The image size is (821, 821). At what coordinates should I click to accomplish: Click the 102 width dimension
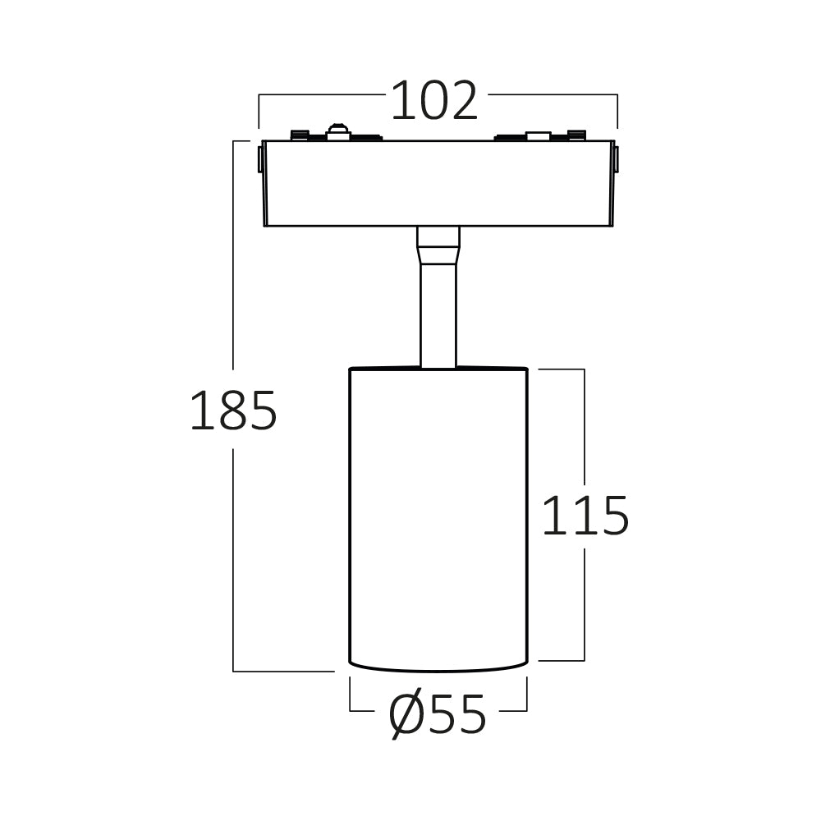point(433,102)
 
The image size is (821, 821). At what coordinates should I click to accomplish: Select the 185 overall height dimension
point(233,411)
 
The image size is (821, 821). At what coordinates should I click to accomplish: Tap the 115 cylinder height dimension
point(585,517)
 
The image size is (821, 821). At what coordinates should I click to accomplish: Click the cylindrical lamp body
point(438,517)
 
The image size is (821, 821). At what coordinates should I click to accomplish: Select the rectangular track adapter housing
point(438,183)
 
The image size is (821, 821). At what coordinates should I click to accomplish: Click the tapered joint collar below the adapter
point(438,245)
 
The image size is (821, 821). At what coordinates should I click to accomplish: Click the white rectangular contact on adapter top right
point(538,135)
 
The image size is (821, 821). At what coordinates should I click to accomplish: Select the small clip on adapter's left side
point(261,158)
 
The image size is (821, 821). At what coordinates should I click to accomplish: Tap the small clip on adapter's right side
point(616,158)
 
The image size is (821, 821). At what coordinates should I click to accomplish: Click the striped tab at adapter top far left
point(300,135)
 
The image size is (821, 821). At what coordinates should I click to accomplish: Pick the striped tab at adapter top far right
point(577,135)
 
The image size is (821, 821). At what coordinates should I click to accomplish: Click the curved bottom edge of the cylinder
point(438,669)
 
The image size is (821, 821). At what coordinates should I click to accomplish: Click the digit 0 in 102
point(434,102)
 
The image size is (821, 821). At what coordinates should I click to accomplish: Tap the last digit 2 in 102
point(462,102)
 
